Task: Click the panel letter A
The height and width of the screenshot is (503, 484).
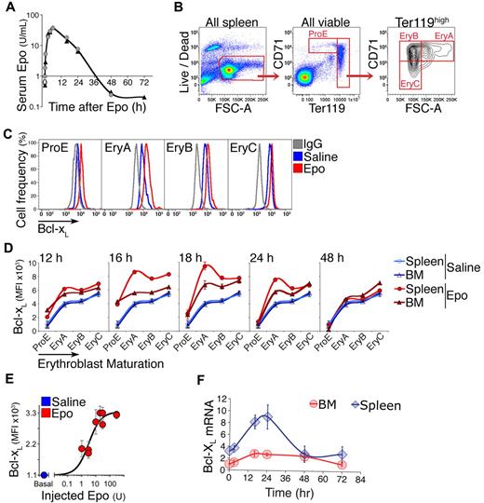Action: coord(8,8)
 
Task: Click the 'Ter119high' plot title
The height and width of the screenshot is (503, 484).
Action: coord(435,13)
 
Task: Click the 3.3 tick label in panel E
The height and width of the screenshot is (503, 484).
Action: coord(29,410)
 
